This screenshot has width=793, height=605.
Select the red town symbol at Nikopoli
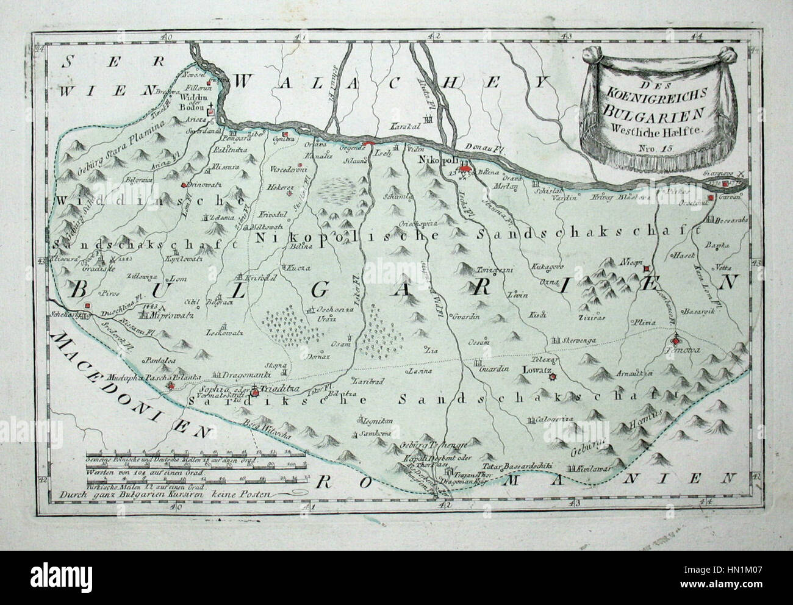[465, 168]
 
